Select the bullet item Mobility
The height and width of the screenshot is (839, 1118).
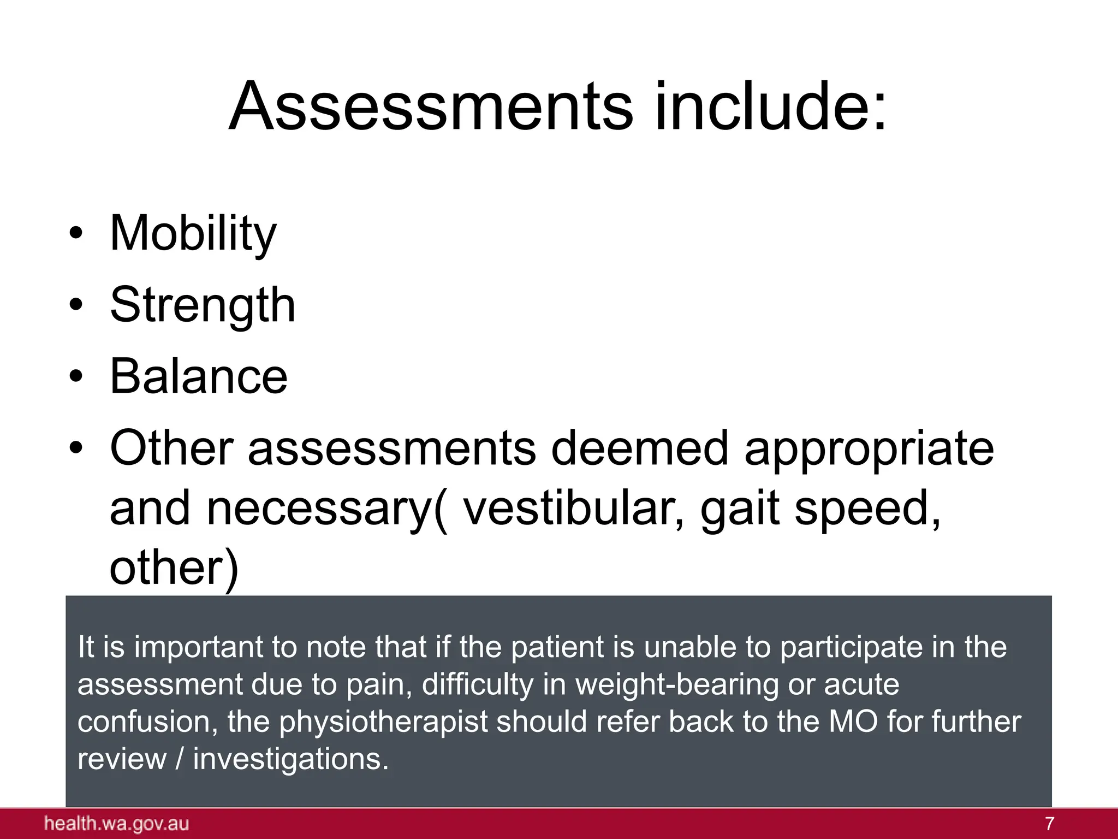pyautogui.click(x=193, y=234)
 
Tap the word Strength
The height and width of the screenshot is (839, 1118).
pyautogui.click(x=203, y=305)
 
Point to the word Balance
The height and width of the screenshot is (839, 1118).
pyautogui.click(x=199, y=377)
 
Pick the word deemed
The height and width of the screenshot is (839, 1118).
pyautogui.click(x=639, y=448)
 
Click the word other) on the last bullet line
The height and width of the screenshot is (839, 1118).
pyautogui.click(x=174, y=569)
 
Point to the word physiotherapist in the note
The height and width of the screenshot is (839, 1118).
pyautogui.click(x=383, y=722)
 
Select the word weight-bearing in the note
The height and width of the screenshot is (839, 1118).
pyautogui.click(x=677, y=685)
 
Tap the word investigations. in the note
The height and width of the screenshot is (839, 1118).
pyautogui.click(x=291, y=759)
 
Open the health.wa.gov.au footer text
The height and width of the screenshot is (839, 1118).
pyautogui.click(x=117, y=824)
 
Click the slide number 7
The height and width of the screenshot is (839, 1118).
pyautogui.click(x=1049, y=824)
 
